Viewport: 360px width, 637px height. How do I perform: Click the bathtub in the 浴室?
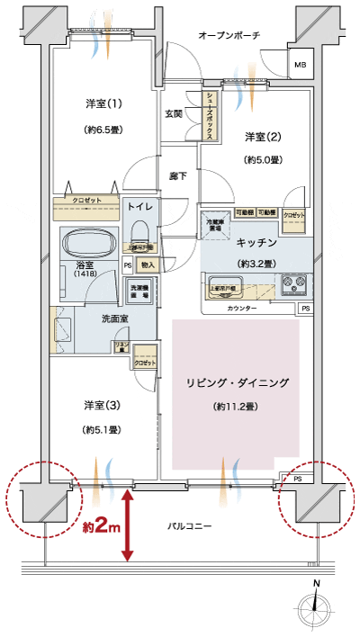pyautogui.click(x=87, y=243)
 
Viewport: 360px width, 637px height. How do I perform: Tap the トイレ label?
pyautogui.click(x=142, y=207)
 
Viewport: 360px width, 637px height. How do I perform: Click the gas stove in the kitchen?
pyautogui.click(x=294, y=284)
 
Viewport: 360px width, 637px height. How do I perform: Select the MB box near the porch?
pyautogui.click(x=300, y=65)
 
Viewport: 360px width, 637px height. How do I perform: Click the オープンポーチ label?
pyautogui.click(x=229, y=35)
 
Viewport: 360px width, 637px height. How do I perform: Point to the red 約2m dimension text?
pyautogui.click(x=102, y=525)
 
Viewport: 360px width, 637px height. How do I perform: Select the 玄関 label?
pyautogui.click(x=174, y=114)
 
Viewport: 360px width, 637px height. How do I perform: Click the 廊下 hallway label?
pyautogui.click(x=177, y=175)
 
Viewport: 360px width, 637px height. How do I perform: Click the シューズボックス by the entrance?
pyautogui.click(x=209, y=117)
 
